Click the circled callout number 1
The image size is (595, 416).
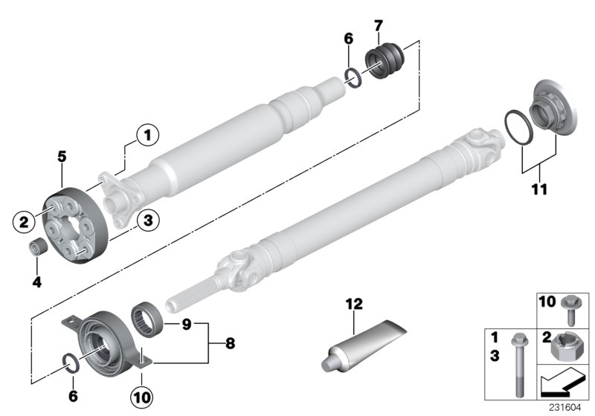tap(147, 135)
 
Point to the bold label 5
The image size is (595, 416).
tap(62, 157)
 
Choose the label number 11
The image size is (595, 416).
tap(539, 189)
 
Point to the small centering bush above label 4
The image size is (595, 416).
tap(36, 248)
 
